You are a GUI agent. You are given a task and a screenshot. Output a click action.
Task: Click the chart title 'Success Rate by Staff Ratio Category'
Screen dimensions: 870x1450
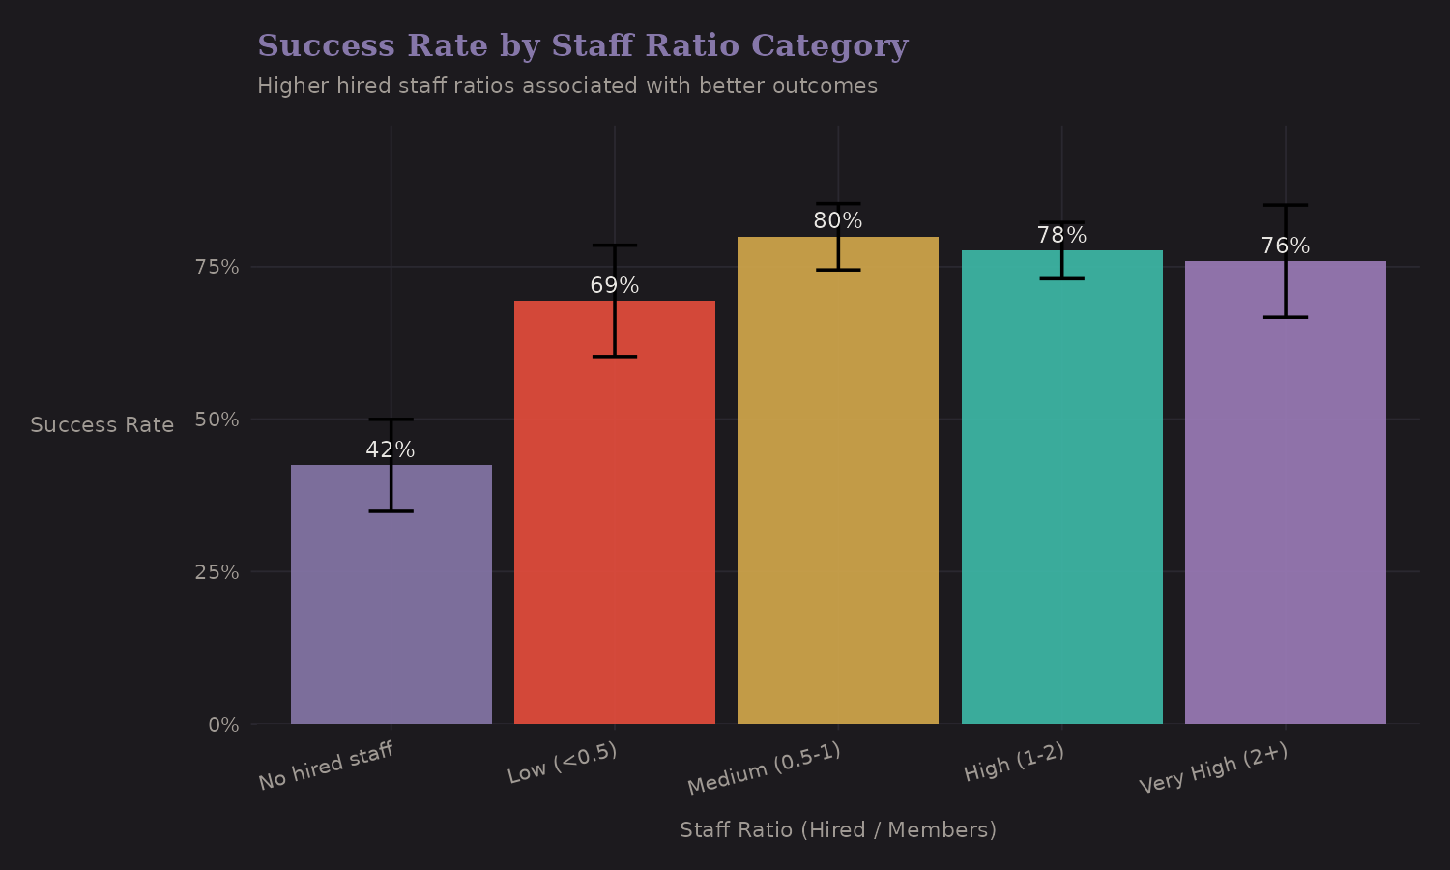pos(582,45)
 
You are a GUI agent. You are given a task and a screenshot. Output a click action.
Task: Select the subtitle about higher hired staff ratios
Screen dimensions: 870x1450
pos(567,86)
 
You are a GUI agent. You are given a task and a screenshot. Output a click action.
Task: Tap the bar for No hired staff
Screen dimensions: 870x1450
pos(391,609)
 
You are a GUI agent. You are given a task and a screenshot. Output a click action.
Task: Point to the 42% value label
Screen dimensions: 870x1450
pos(391,450)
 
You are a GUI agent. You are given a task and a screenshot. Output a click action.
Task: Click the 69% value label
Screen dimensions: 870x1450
pos(614,286)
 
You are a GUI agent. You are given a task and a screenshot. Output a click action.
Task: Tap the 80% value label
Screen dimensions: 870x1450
pos(837,221)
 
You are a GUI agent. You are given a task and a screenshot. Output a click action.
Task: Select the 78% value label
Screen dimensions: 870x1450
pos(1061,236)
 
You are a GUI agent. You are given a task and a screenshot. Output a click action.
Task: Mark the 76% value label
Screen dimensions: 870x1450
pos(1285,246)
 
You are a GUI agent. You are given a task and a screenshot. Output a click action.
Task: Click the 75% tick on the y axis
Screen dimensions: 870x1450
pos(217,267)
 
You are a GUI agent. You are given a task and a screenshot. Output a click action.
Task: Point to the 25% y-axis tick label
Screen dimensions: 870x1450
pos(217,572)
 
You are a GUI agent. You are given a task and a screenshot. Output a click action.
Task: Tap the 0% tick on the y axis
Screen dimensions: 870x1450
pos(223,725)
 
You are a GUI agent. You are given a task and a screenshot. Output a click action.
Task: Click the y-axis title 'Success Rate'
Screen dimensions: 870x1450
pos(102,425)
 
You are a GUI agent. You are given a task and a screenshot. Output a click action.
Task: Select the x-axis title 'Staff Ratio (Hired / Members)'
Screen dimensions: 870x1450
pos(837,830)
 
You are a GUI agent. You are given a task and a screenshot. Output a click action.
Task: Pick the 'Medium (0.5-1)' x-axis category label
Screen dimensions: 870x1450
pos(764,769)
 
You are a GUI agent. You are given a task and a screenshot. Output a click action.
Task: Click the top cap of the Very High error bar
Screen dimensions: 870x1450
pos(1285,205)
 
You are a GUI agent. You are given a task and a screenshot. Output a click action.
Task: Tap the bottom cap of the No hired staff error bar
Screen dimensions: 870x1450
pos(391,511)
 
